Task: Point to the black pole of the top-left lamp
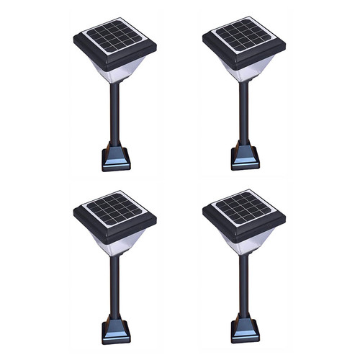tap(113, 115)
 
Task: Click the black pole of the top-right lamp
tap(243, 115)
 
